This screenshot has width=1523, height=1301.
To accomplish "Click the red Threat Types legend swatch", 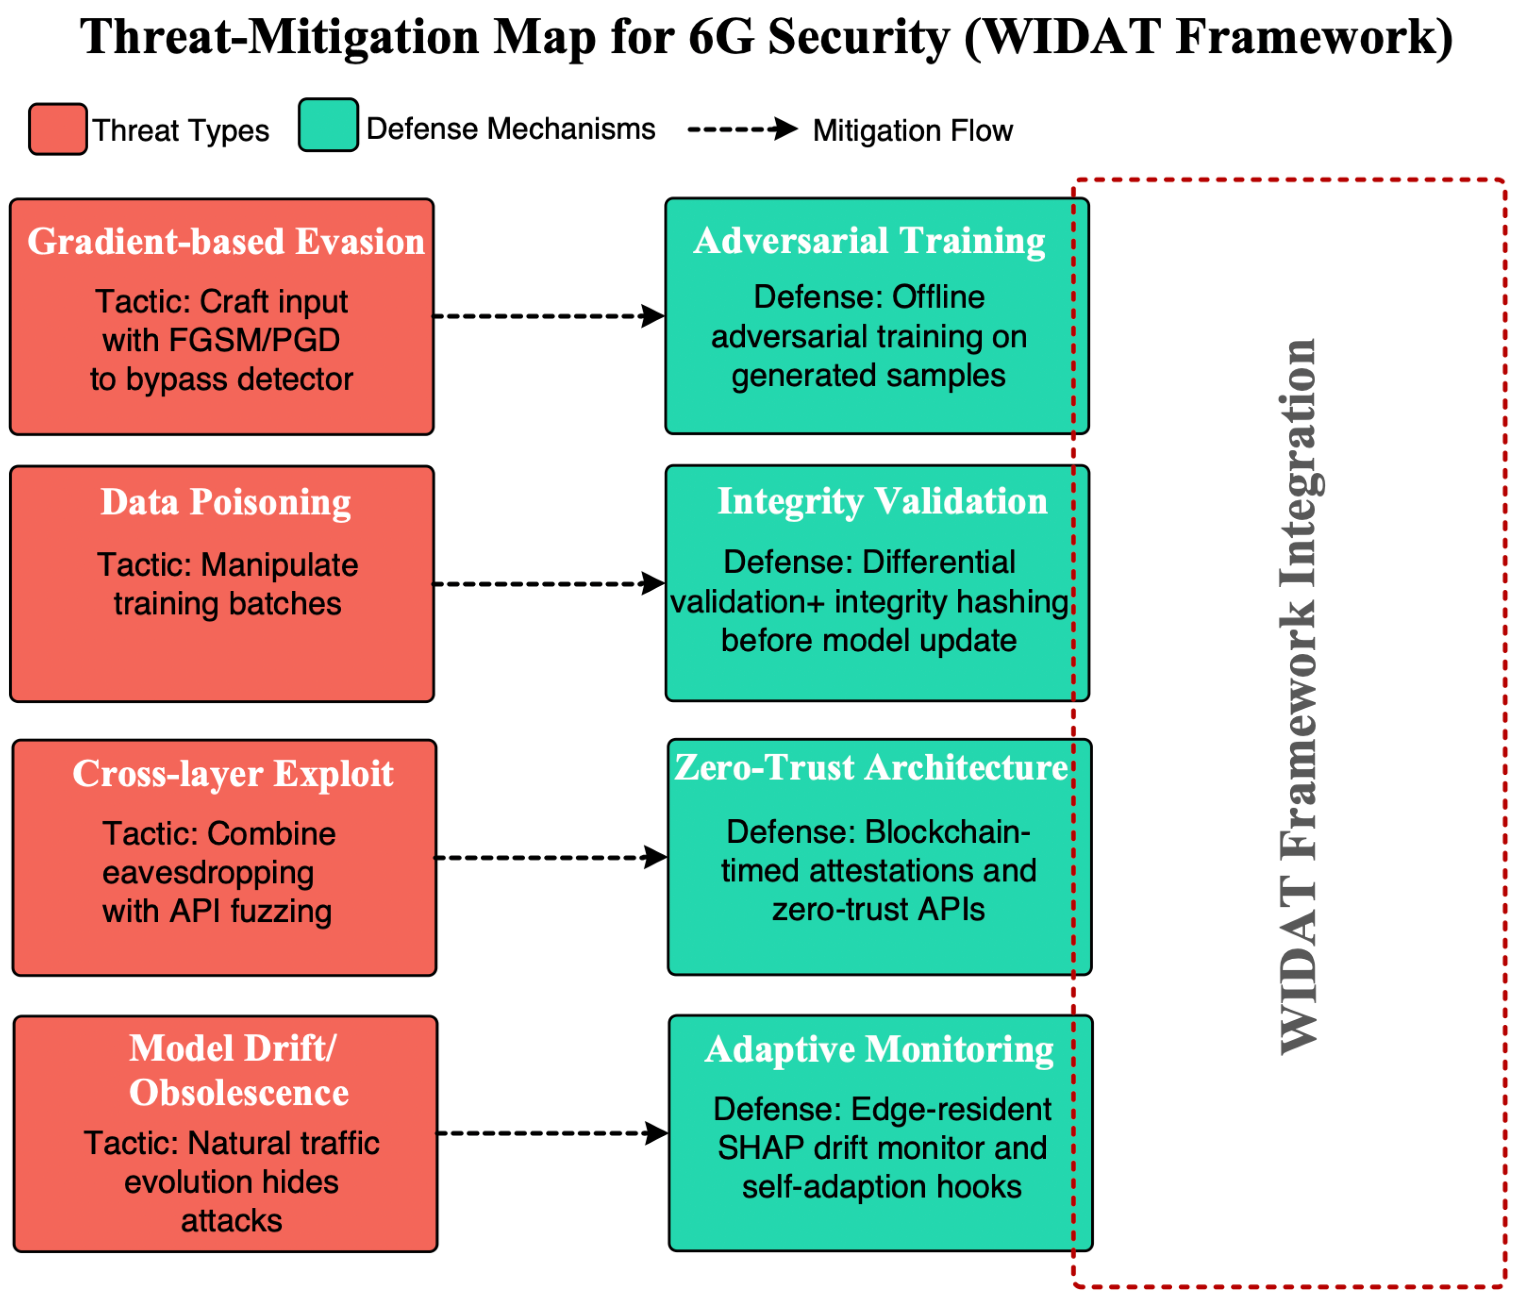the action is coord(58,130).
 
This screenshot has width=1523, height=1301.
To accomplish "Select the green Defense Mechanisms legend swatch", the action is coord(329,125).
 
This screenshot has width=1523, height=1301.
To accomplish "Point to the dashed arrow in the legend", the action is coord(742,130).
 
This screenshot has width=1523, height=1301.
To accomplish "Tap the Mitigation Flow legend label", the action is coord(913,131).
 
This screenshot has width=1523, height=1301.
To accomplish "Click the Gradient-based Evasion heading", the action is coord(226,242).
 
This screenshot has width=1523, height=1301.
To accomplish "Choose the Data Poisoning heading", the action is coord(226,503).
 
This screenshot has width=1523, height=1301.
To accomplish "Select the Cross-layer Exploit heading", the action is coord(233,774).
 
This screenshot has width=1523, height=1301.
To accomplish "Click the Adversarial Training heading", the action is coord(869,241).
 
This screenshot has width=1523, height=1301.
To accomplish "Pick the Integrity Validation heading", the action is coord(882,502).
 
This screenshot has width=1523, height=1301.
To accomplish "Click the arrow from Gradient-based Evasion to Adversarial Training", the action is coord(549,316).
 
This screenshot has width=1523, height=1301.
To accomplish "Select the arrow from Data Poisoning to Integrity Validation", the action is coord(549,584).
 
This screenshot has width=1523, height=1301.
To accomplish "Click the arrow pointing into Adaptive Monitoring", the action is coord(553,1133).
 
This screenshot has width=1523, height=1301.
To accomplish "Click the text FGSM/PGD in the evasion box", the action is coord(255,340).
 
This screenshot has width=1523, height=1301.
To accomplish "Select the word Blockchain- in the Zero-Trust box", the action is coord(948,832).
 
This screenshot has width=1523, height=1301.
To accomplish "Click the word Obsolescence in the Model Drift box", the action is coord(239,1093).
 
